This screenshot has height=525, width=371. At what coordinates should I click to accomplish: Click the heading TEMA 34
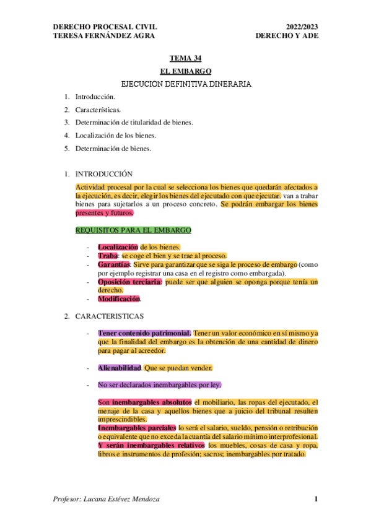[x=185, y=59]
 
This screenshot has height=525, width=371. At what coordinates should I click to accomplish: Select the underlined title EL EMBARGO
[x=185, y=71]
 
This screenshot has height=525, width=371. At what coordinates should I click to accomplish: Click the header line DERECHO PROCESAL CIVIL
[x=105, y=27]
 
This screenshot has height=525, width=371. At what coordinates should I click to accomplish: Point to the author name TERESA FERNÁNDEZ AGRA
[x=105, y=35]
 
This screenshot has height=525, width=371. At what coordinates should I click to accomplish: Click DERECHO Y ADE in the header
[x=286, y=35]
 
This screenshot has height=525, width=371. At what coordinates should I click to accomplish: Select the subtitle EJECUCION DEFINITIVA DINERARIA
[x=186, y=84]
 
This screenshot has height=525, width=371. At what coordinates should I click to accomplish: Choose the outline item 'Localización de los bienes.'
[x=116, y=135]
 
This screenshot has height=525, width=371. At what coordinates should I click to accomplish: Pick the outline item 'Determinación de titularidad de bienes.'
[x=134, y=122]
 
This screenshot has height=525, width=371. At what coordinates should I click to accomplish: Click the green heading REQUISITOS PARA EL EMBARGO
[x=133, y=230]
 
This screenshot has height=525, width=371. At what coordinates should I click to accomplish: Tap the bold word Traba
[x=108, y=256]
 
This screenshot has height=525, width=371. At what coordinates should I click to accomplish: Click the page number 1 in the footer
[x=316, y=499]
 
